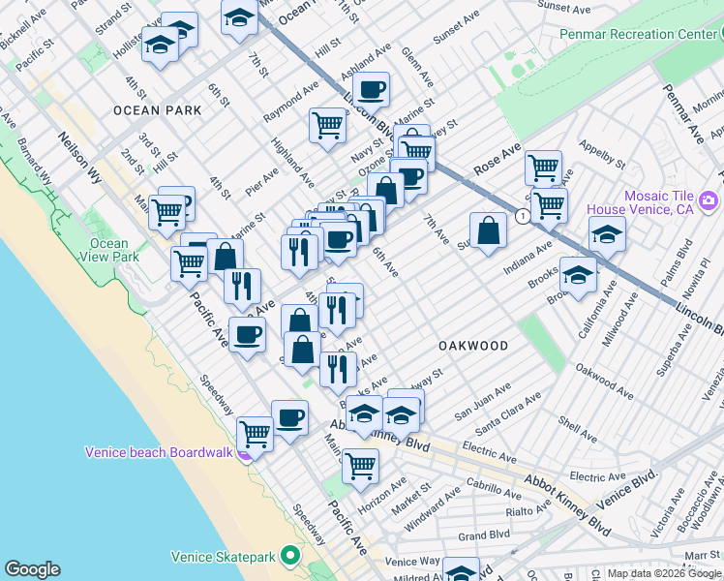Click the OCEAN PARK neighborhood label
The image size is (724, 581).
(x=157, y=110)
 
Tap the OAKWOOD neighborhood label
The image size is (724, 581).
(x=473, y=346)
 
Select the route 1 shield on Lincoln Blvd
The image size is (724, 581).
(x=522, y=215)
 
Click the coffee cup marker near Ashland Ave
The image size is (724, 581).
(x=370, y=91)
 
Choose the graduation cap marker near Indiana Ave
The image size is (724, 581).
(x=606, y=234)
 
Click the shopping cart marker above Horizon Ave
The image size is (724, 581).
(x=360, y=466)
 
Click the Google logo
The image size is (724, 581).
(x=32, y=569)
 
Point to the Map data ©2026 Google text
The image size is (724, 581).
(x=664, y=573)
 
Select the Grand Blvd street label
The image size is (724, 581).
(x=483, y=535)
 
